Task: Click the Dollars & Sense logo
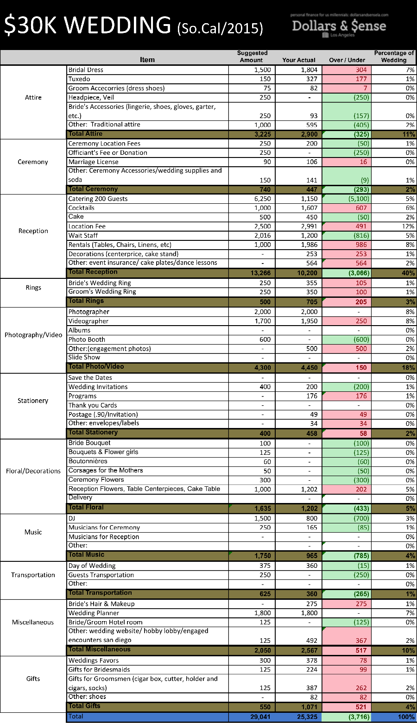click(x=339, y=26)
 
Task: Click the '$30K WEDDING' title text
click(x=87, y=25)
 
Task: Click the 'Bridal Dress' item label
click(x=86, y=70)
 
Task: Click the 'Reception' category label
click(x=33, y=231)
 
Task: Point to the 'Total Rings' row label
click(x=86, y=301)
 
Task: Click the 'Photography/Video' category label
click(x=33, y=335)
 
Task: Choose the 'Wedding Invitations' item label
click(x=98, y=387)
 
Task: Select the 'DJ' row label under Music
click(x=72, y=518)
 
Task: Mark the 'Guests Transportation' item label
click(x=101, y=575)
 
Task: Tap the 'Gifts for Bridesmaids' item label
click(x=99, y=669)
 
